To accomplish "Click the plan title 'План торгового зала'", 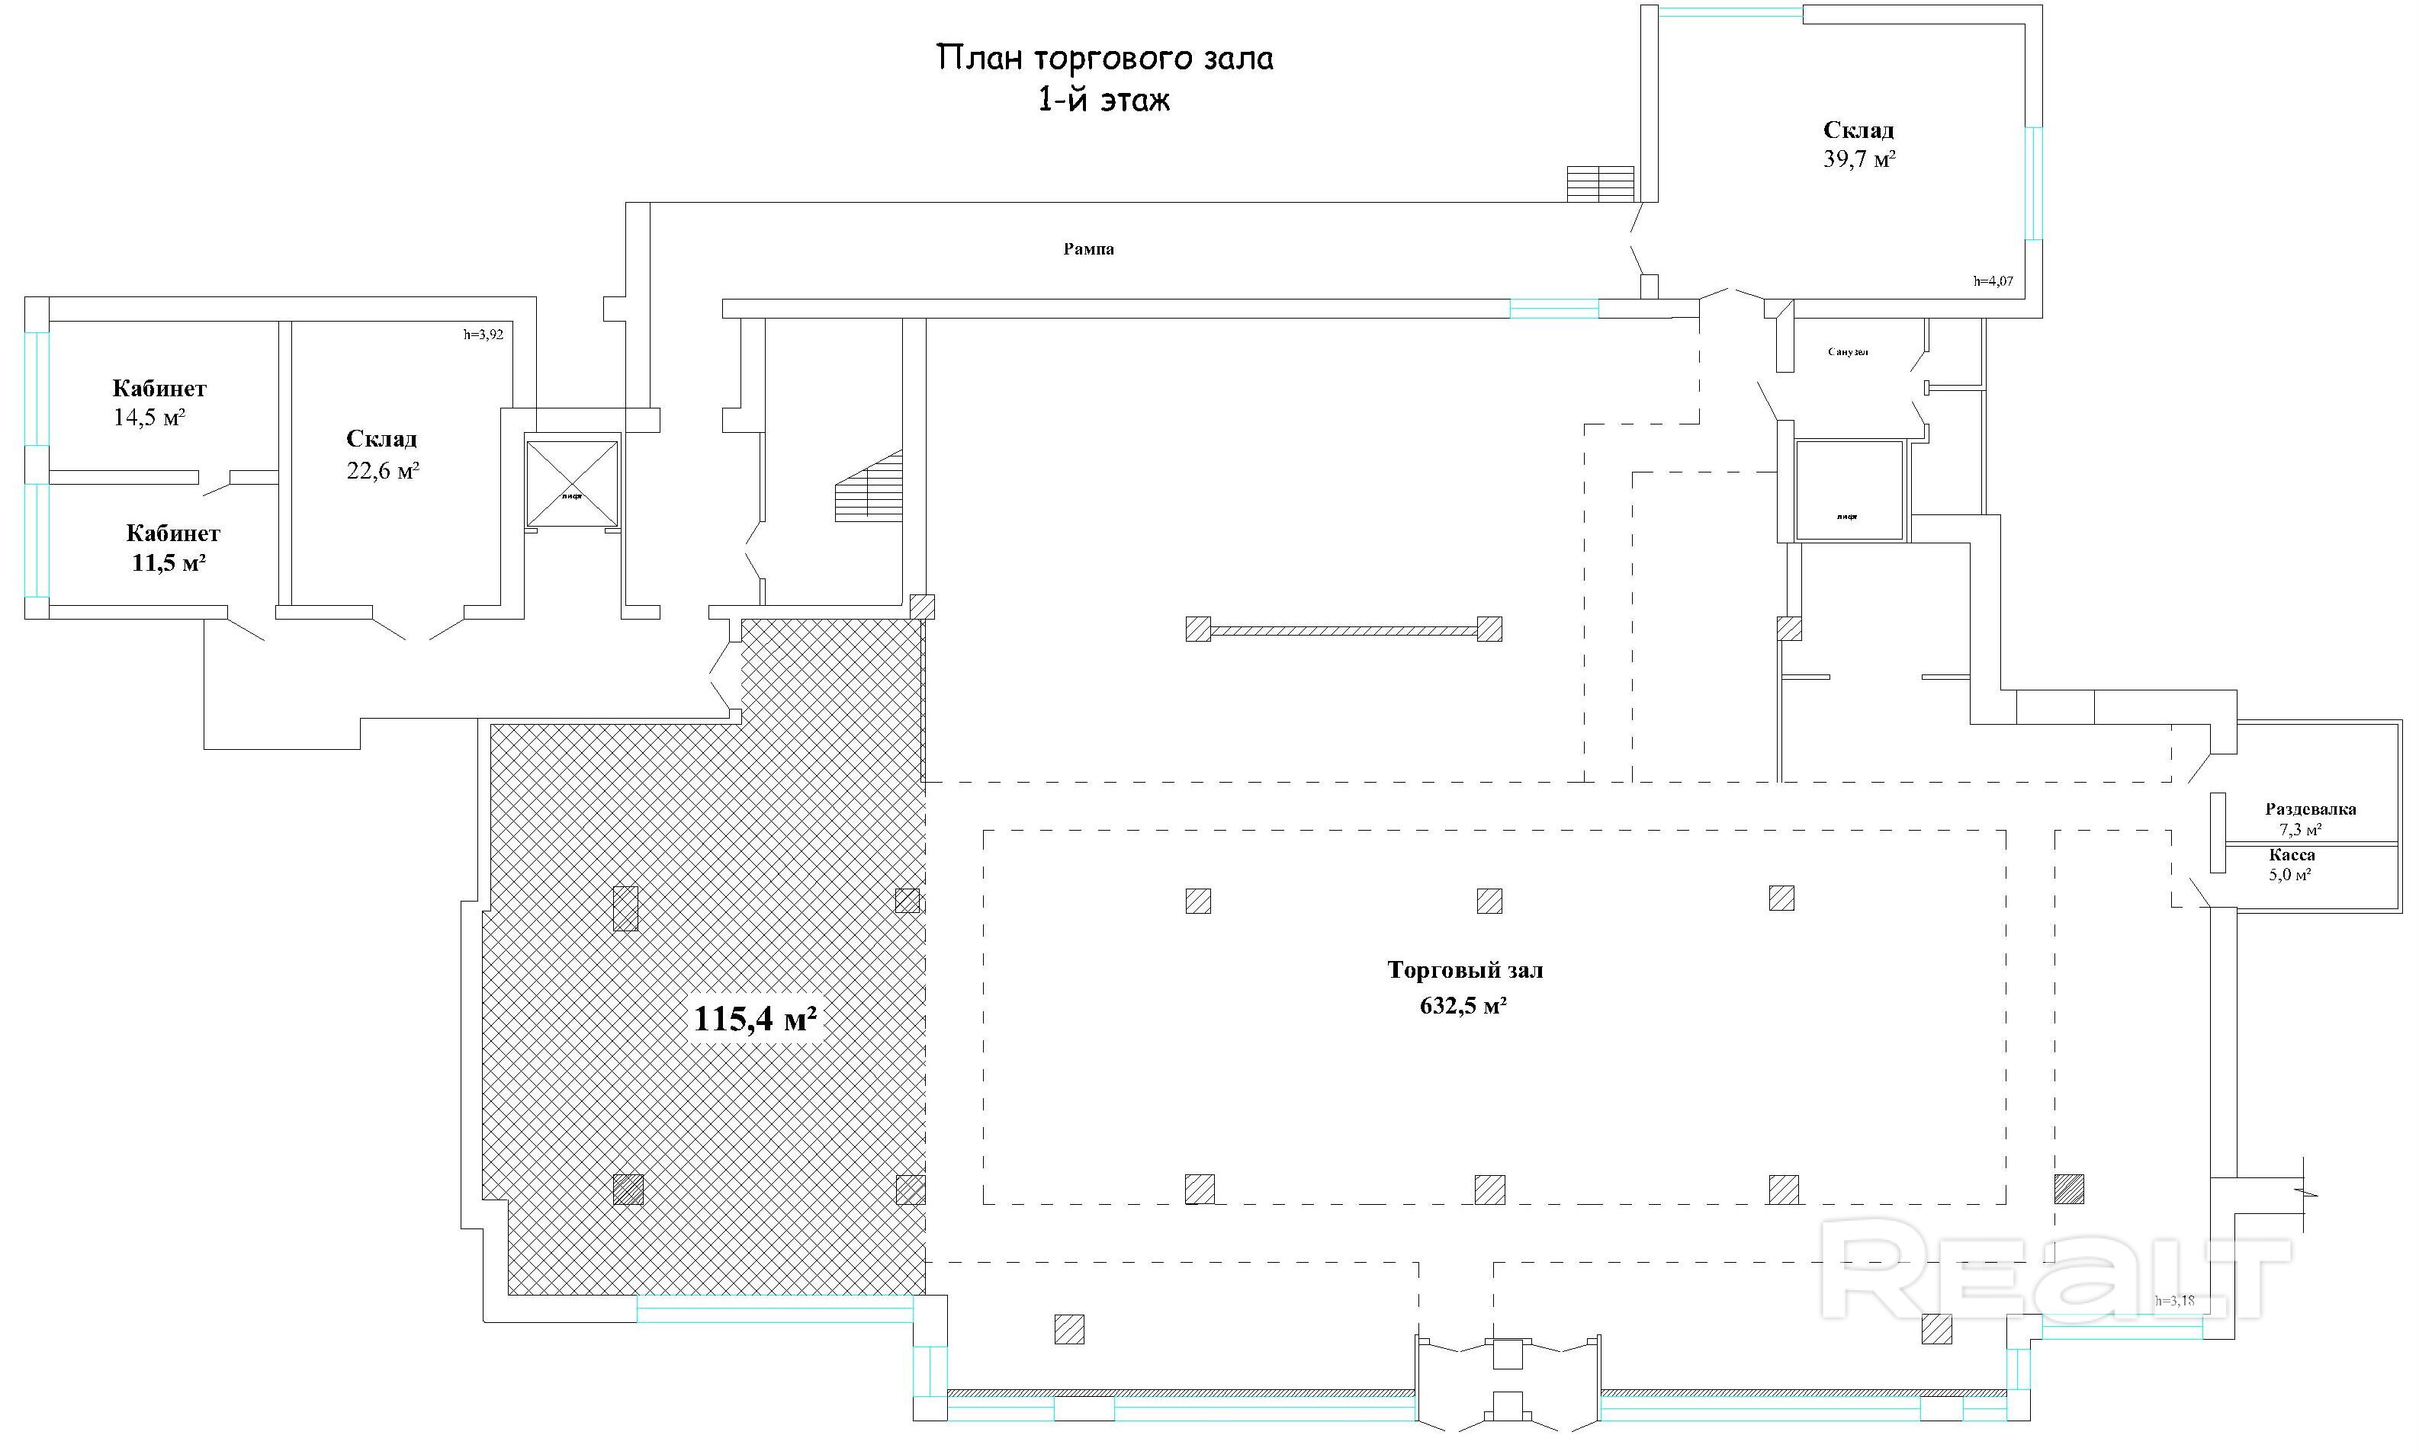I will pos(1105,58).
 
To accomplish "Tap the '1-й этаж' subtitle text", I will pos(1103,100).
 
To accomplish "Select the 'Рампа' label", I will pos(1089,249).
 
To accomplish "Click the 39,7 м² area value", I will pos(1858,159).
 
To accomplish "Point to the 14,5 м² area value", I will pos(149,418).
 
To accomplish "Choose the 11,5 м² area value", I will pos(169,563).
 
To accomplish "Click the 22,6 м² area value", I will pos(383,471).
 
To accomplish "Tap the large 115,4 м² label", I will pos(755,1020).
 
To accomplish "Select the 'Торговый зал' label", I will pos(1465,971).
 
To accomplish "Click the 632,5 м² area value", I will pos(1463,1005).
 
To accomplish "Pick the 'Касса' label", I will pos(2292,854).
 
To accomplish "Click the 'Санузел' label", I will pos(1848,352).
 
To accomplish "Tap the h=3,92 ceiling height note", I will pos(483,335).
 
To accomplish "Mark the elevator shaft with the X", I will pos(572,484).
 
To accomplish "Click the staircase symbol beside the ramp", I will pos(1600,183).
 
